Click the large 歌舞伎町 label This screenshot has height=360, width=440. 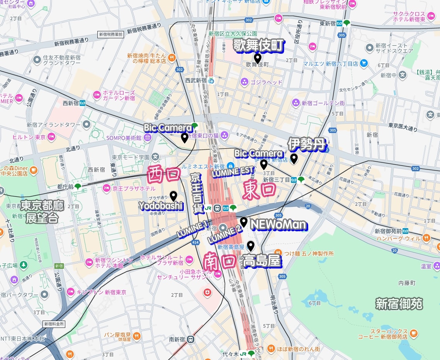pos(258,45)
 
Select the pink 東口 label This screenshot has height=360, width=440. pos(259,191)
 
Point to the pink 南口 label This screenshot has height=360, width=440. pos(219,261)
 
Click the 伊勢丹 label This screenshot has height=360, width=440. pos(307,145)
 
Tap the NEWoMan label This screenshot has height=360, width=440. pos(279,225)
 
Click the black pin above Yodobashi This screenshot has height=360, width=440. pos(173,196)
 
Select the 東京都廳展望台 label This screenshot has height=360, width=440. pos(42,212)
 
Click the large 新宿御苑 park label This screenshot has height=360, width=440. pos(399,304)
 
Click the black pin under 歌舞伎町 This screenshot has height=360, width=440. pos(257,58)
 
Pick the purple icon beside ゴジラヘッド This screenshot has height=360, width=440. pos(244,82)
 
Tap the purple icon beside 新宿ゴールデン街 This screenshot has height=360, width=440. pos(296,103)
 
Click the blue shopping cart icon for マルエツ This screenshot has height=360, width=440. pos(364,63)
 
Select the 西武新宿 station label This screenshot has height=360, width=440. pos(196,80)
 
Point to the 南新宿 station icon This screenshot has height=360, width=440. pos(190,339)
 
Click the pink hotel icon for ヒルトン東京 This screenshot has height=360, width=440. pos(51,137)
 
